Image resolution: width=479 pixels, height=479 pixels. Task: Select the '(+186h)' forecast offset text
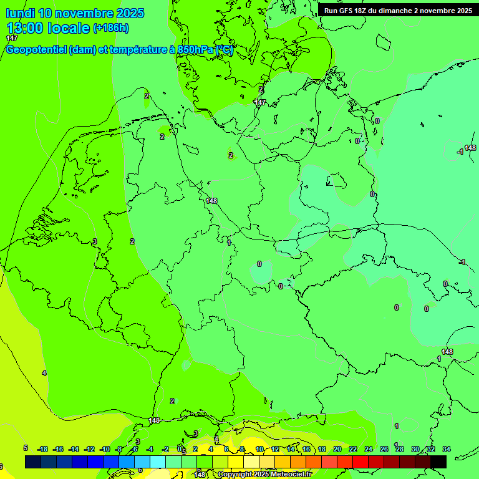(110, 28)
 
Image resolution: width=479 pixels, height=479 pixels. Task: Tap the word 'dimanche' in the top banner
(389, 10)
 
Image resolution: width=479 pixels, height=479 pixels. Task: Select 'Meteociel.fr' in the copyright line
(291, 475)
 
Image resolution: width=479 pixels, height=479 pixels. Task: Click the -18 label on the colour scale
(42, 449)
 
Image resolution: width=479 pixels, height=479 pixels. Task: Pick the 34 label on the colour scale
(446, 449)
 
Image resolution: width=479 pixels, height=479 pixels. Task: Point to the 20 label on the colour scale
(337, 449)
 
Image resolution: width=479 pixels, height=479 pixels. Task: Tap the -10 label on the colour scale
(104, 449)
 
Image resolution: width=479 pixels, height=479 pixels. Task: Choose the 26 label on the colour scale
(384, 449)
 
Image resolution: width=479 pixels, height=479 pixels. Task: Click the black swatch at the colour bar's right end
(438, 462)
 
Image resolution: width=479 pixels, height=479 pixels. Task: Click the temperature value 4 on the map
(44, 373)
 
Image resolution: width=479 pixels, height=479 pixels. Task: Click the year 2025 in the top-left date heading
(130, 12)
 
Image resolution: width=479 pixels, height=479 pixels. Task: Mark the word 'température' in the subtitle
(135, 50)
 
